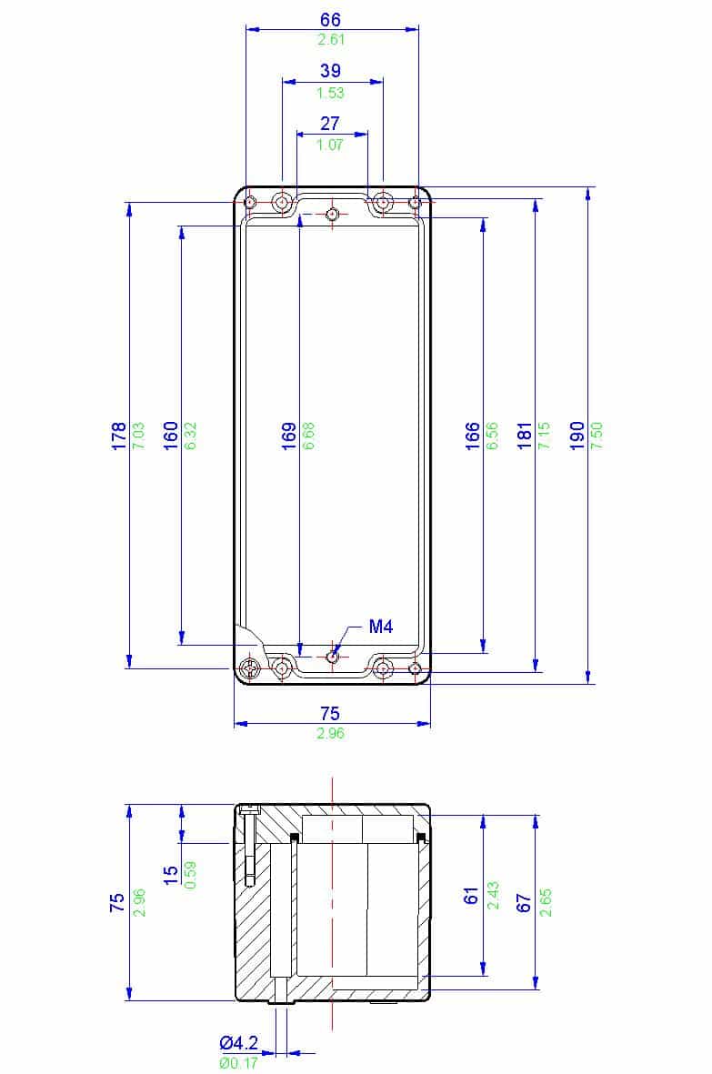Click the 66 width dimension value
(330, 20)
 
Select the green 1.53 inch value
(330, 93)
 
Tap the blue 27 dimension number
(330, 125)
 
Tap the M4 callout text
(380, 627)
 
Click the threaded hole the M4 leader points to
(333, 655)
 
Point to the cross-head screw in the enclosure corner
(251, 670)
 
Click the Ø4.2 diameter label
(238, 1043)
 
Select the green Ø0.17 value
(238, 1061)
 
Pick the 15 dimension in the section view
(170, 874)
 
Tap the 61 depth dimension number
(471, 895)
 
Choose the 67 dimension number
(523, 901)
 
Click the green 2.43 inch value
(492, 895)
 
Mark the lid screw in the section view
(248, 846)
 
